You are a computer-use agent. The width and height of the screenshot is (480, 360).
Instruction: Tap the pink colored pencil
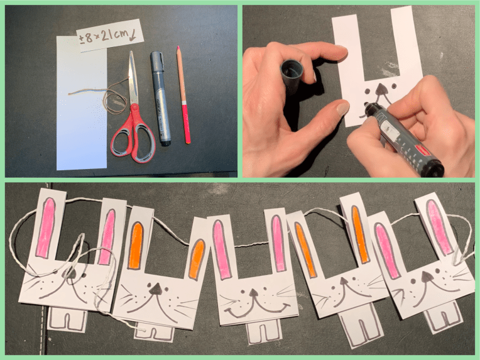point(183,95)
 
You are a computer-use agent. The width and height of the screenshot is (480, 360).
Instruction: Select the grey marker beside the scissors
point(160,98)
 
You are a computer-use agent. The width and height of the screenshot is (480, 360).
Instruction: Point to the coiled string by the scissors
point(114,97)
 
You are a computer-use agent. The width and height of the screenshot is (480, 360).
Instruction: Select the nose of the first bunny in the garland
point(70,273)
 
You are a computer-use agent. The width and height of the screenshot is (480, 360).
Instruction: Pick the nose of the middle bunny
point(253,293)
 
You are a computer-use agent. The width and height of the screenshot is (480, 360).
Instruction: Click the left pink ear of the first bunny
point(46,227)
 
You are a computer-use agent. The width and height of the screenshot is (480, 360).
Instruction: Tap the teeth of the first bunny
point(68,319)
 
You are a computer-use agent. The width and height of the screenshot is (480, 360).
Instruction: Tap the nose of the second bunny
point(155,288)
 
